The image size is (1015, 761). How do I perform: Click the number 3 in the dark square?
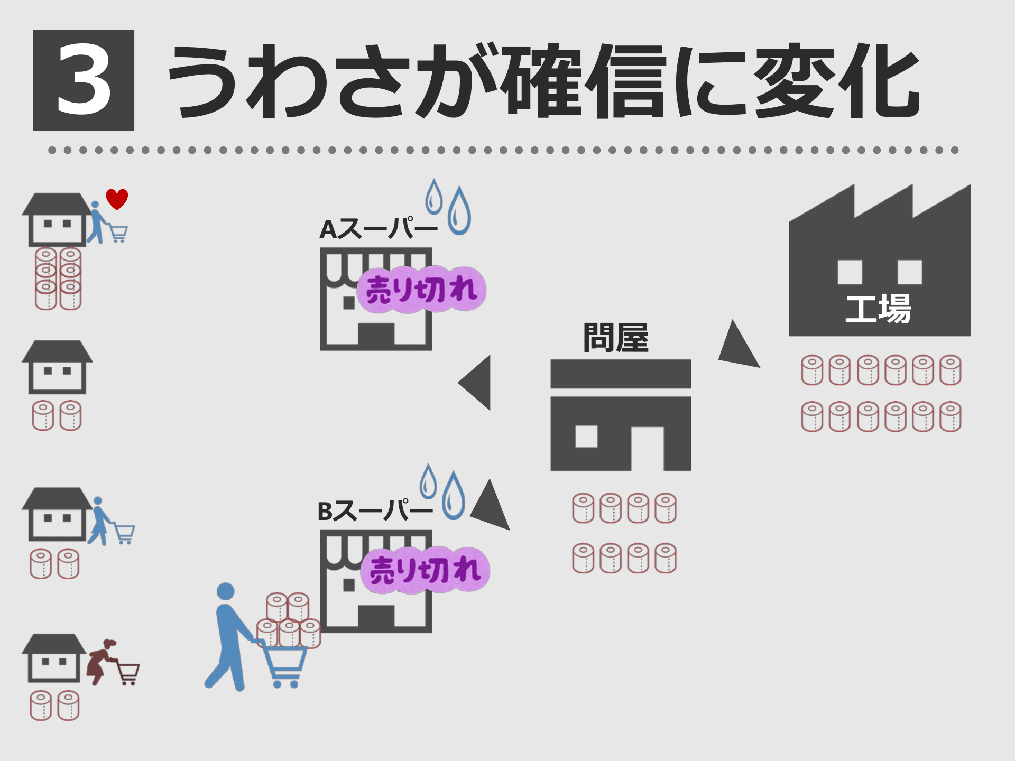click(84, 80)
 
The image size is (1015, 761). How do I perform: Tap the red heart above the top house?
click(117, 199)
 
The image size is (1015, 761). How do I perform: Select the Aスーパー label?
click(379, 229)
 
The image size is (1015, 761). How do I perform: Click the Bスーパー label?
click(375, 512)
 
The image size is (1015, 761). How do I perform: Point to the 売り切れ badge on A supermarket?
click(421, 290)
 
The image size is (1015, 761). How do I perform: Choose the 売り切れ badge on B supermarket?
click(425, 570)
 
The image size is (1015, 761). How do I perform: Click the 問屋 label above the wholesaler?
click(616, 338)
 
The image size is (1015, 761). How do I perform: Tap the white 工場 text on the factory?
click(878, 309)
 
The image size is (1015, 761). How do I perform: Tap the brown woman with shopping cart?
click(99, 661)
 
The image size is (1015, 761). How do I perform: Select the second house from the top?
click(57, 367)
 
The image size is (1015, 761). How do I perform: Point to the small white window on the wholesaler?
click(586, 437)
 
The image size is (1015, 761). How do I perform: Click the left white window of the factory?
click(850, 272)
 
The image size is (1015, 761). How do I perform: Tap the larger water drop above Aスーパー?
click(459, 211)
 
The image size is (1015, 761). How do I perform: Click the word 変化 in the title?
click(837, 82)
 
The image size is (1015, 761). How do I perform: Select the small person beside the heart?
click(96, 222)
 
